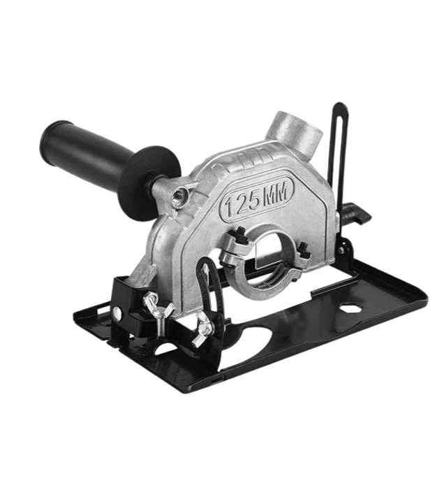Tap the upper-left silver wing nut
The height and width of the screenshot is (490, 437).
[x=158, y=310]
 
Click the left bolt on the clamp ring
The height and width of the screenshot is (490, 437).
[x=240, y=233]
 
